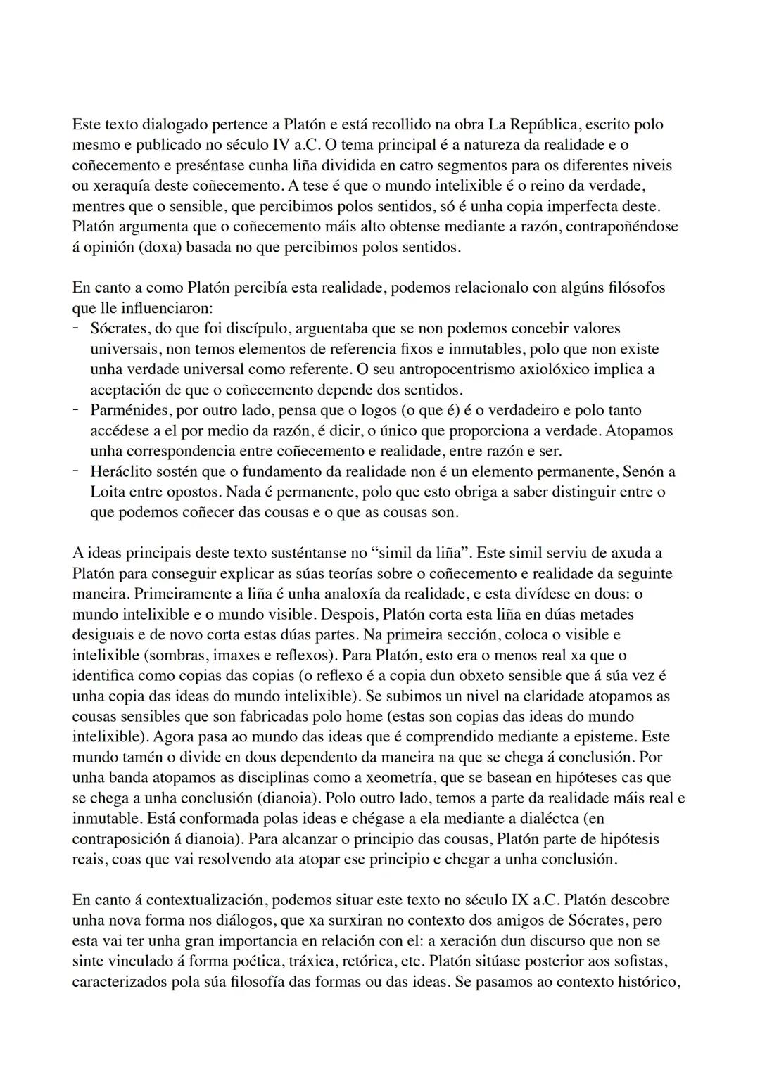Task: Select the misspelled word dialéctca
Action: (x=545, y=819)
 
